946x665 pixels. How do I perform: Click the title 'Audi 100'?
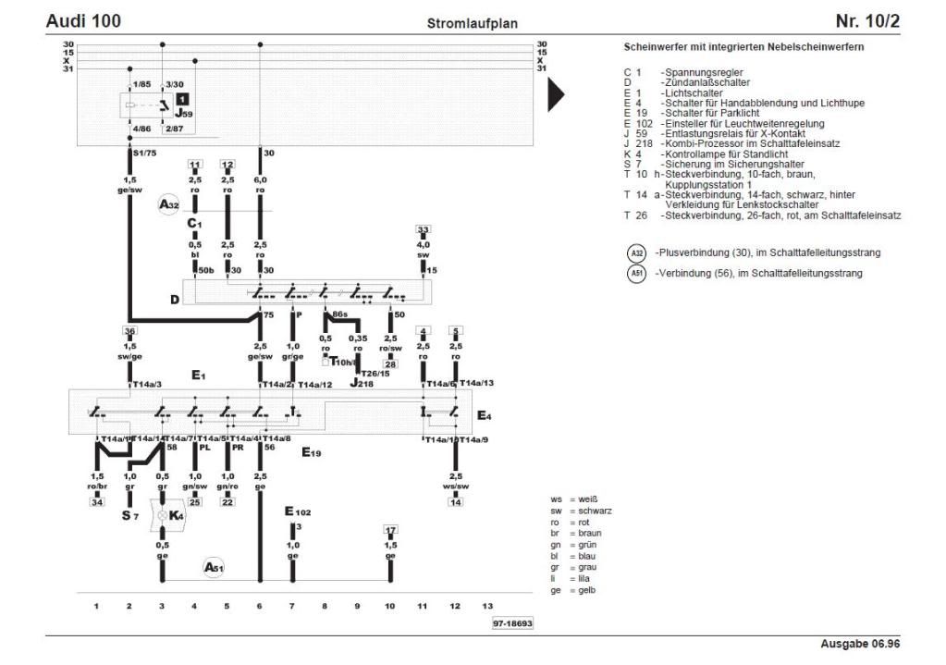point(83,20)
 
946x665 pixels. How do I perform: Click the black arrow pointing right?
point(556,94)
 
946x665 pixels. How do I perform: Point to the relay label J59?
point(184,114)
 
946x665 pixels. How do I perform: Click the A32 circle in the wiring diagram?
point(167,205)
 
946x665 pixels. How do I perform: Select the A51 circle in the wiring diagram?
point(214,567)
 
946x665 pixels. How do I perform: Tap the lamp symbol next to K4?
point(163,515)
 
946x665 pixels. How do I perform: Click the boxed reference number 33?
point(423,229)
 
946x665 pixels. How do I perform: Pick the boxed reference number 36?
point(129,330)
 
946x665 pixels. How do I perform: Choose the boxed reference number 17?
point(390,530)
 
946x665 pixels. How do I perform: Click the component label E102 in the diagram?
point(297,511)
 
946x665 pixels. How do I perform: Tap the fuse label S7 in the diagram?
point(129,515)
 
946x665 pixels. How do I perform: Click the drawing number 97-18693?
point(512,624)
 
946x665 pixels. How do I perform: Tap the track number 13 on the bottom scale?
point(487,606)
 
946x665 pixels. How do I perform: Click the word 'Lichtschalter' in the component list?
point(692,93)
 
